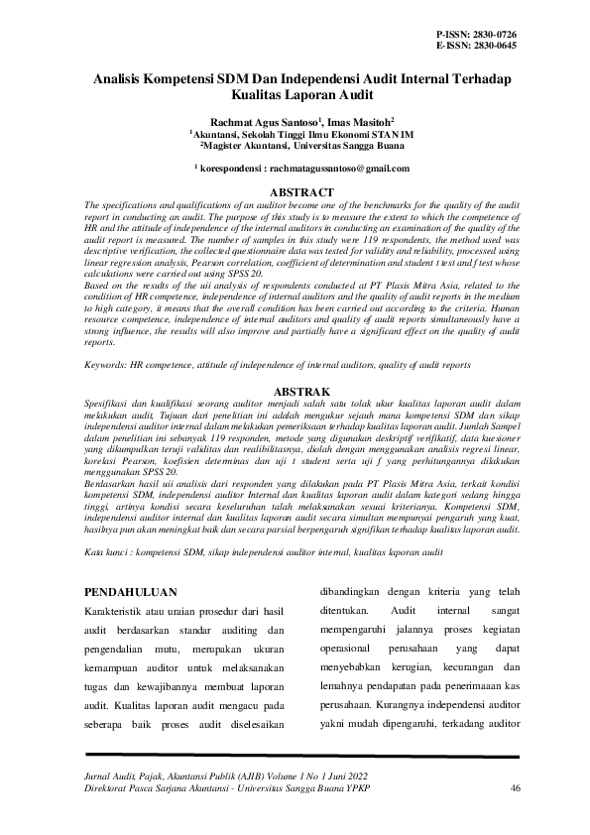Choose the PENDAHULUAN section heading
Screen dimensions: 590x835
132,593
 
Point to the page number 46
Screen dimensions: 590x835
515,788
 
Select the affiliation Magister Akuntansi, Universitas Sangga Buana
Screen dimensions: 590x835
295,145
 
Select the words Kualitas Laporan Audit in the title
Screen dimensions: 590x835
295,100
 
